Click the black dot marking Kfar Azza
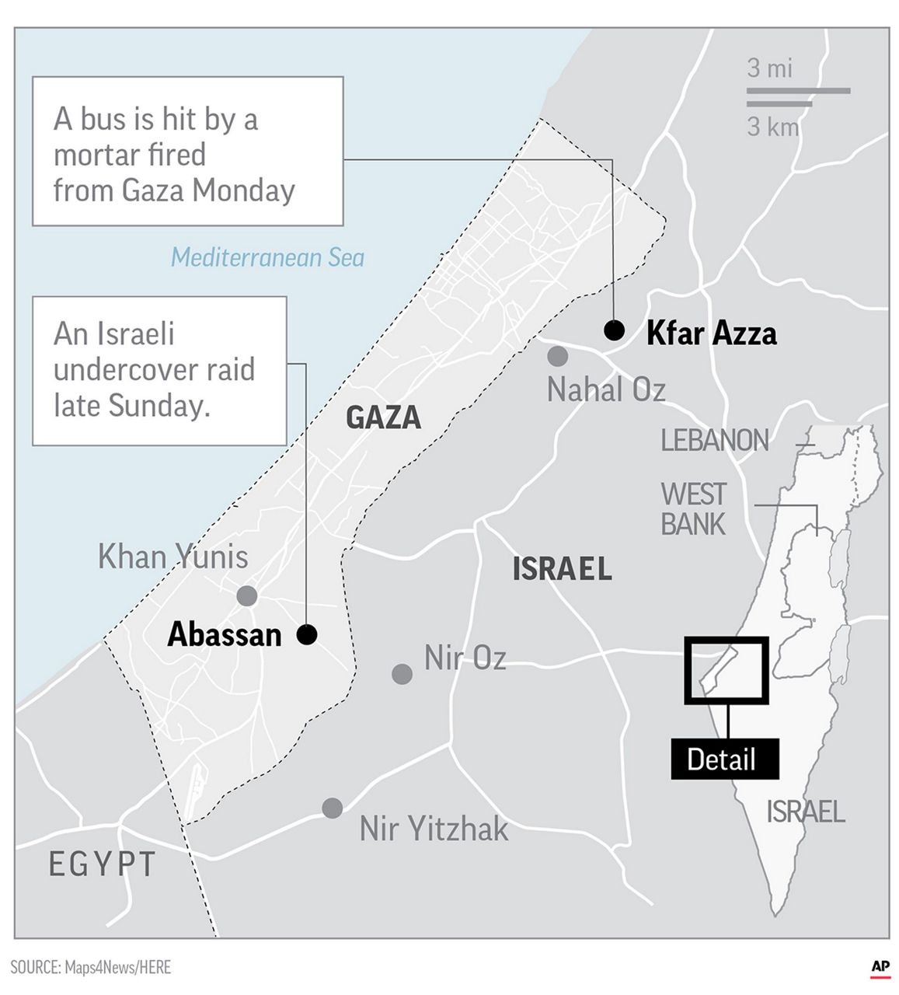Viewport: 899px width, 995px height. [x=614, y=330]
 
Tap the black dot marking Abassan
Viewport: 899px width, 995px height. [x=307, y=634]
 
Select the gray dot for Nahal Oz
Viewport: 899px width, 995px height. [x=557, y=357]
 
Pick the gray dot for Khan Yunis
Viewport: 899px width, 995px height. [x=246, y=596]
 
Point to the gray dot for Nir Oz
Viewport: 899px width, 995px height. [x=402, y=673]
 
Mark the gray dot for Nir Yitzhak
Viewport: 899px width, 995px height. [x=333, y=808]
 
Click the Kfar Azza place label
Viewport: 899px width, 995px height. [x=711, y=333]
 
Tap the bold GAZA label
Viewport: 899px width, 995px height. [x=383, y=417]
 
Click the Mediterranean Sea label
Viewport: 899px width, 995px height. [x=267, y=257]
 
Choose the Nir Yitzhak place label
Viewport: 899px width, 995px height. [x=434, y=829]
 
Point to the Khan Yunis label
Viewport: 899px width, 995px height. [x=172, y=557]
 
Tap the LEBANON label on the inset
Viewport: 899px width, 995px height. [x=714, y=441]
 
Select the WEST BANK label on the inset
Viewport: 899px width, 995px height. [x=693, y=508]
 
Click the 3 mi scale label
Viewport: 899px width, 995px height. [x=769, y=68]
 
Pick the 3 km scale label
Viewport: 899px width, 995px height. [x=772, y=126]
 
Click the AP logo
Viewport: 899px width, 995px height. [x=880, y=966]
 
